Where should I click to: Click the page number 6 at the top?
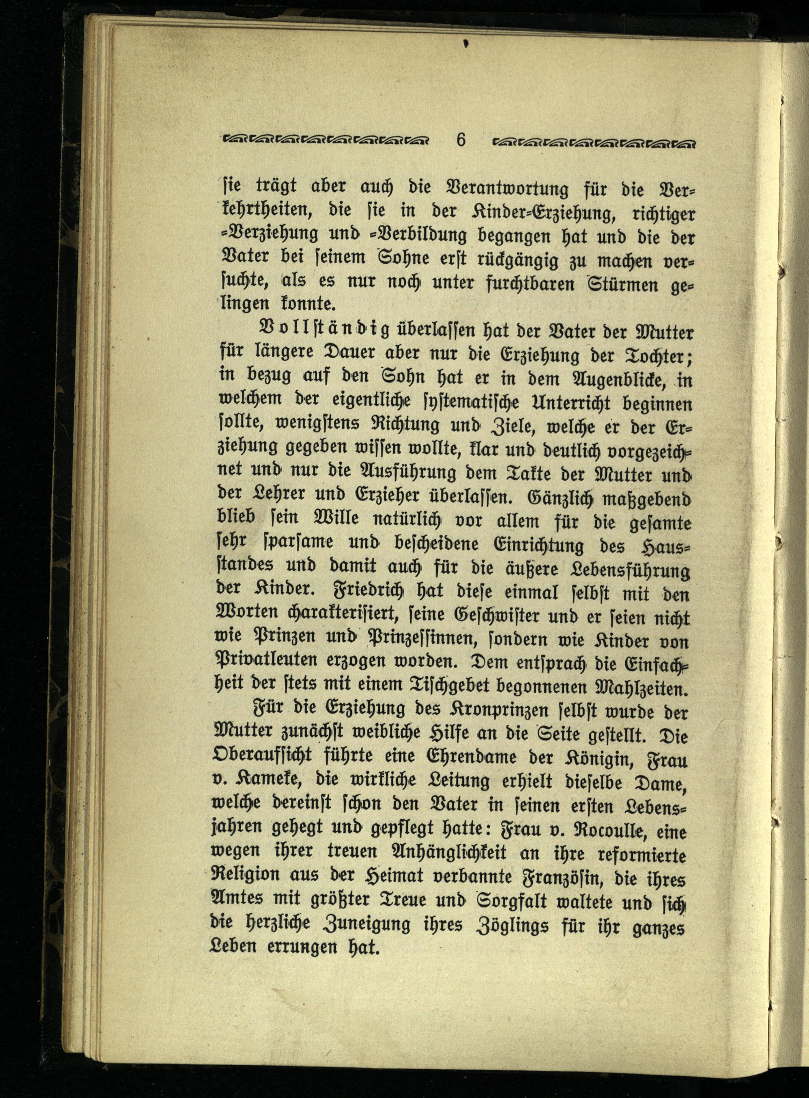pos(461,140)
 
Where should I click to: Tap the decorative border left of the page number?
pos(326,140)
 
